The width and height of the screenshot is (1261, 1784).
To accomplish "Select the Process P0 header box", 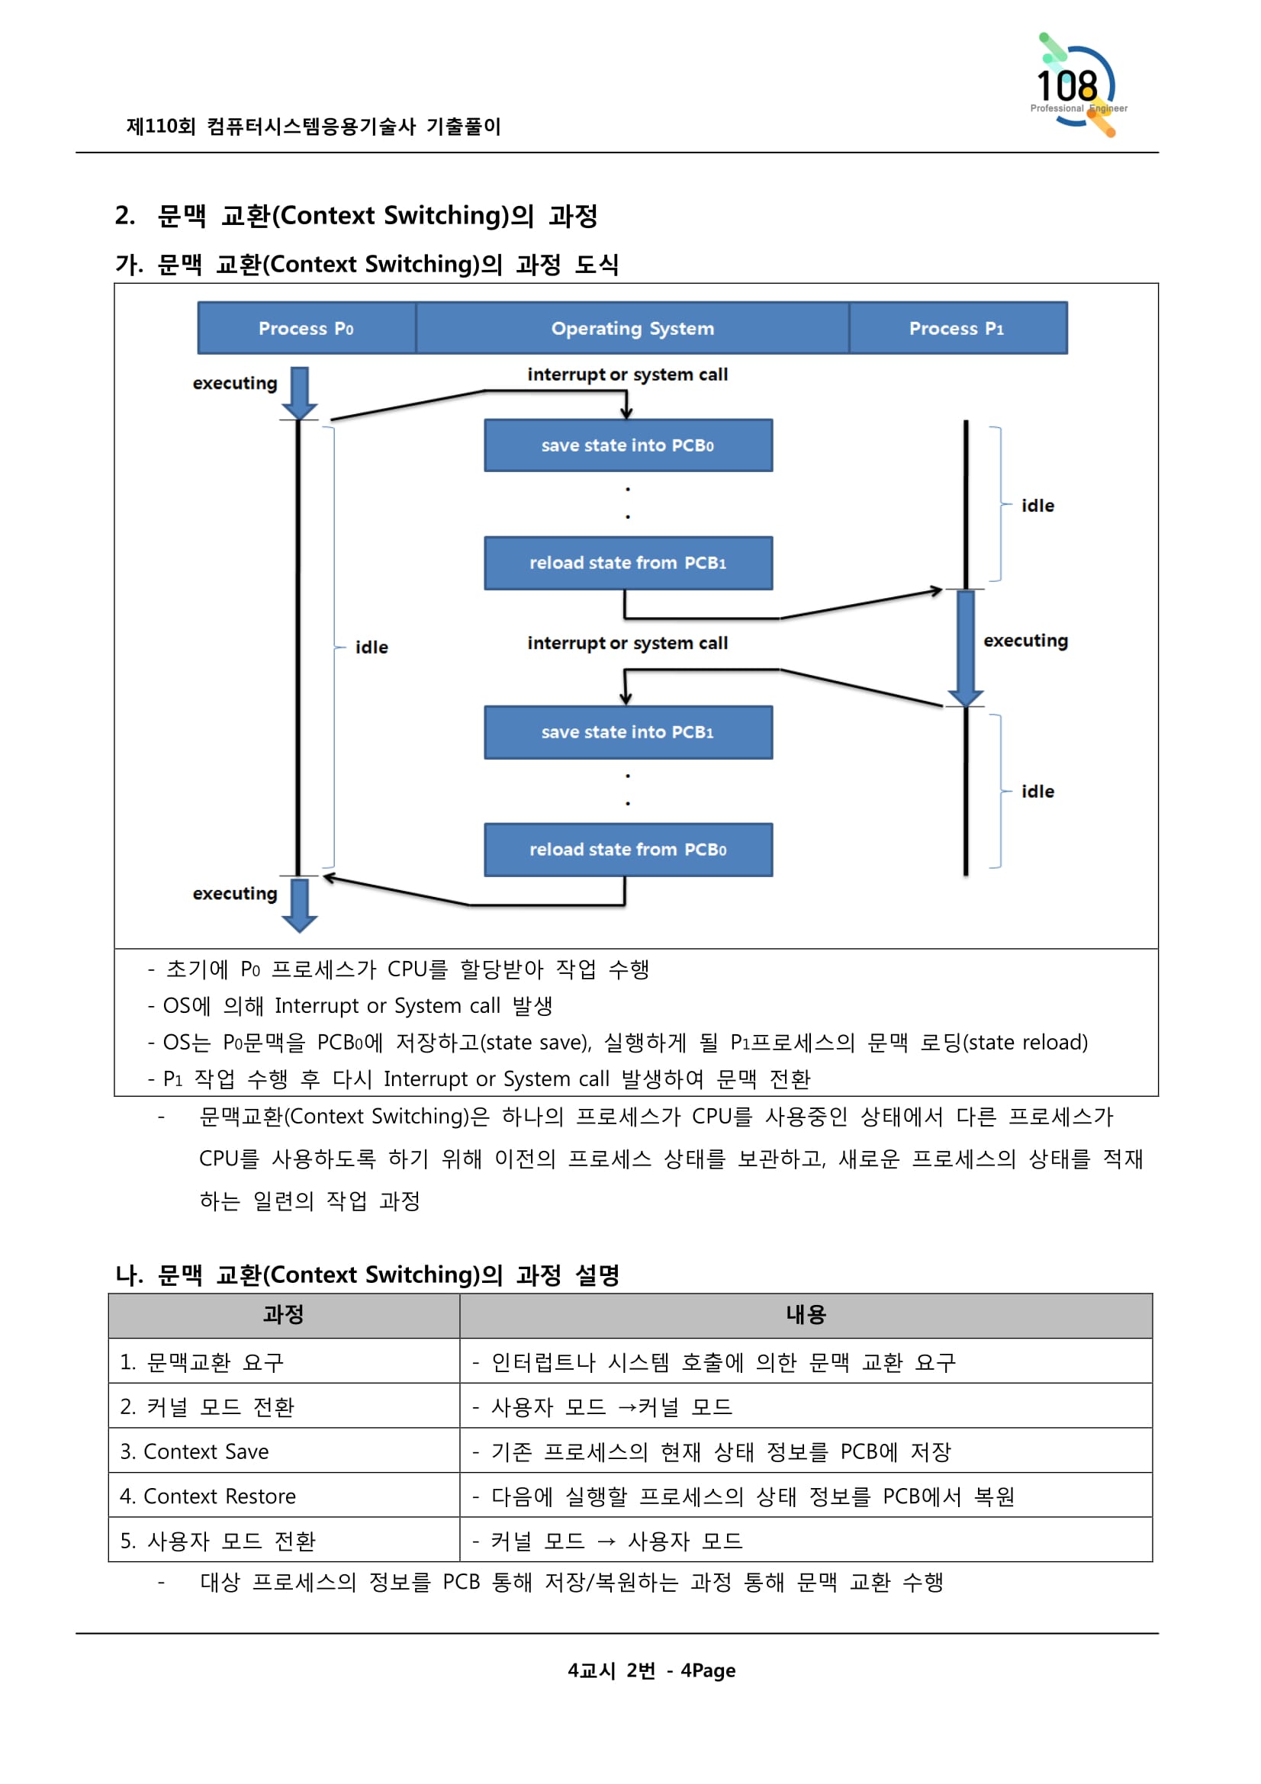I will (x=306, y=328).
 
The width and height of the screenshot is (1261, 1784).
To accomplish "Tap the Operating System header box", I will (x=632, y=328).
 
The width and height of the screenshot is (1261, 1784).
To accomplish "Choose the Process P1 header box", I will (x=957, y=328).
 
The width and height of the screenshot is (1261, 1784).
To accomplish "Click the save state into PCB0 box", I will (x=628, y=445).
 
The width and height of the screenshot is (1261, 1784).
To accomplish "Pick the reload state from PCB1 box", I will (x=628, y=563).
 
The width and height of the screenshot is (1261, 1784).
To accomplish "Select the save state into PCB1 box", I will (x=628, y=732).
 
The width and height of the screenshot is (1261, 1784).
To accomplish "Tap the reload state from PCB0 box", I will (x=628, y=849).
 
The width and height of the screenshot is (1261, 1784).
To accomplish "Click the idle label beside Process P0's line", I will (x=372, y=648).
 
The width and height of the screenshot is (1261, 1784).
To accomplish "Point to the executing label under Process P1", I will (x=1025, y=640).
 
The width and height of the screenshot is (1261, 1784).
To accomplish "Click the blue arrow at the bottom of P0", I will (x=299, y=904).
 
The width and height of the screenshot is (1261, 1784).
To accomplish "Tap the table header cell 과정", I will (x=284, y=1315).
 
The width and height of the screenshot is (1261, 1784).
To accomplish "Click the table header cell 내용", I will (x=805, y=1315).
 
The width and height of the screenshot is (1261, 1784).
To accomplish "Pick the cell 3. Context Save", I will (x=195, y=1451).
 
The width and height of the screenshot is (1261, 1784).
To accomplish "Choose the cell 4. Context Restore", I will (x=208, y=1496).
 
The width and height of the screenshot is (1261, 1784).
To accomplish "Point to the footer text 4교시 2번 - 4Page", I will (x=651, y=1670).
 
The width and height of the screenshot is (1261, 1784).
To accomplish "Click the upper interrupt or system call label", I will (x=627, y=374).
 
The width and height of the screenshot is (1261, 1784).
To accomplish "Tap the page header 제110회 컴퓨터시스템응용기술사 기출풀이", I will (x=313, y=126).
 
